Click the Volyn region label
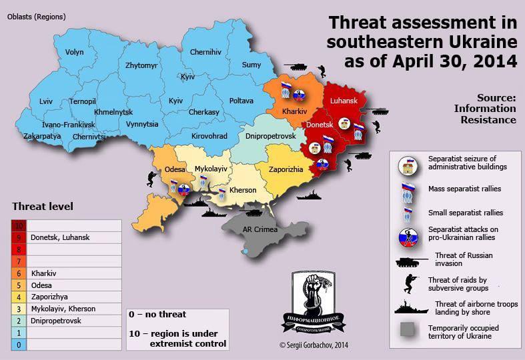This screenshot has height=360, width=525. pos(75,51)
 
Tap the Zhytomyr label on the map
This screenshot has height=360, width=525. pos(141,65)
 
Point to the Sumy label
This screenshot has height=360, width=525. pos(251,65)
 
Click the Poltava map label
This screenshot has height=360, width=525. pos(241,101)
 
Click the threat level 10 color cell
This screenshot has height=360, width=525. pos(19,225)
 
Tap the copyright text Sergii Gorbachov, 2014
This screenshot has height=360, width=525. pos(314,345)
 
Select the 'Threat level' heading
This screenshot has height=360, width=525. pos(43,206)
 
